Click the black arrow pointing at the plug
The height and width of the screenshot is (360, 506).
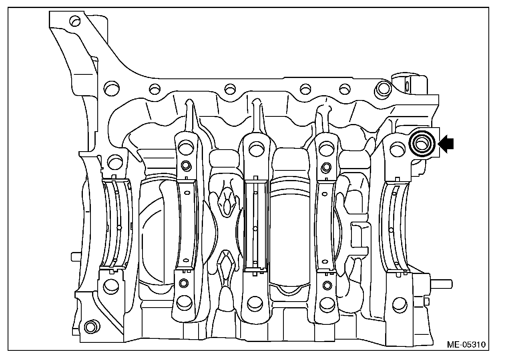tap(446, 144)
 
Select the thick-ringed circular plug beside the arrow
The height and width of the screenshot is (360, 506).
tap(422, 144)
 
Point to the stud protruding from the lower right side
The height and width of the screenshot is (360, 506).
tap(441, 284)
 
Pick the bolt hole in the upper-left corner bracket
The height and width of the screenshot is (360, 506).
tap(75, 21)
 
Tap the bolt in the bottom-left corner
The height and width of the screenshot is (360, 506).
tap(92, 327)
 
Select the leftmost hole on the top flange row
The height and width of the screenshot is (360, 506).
tap(111, 88)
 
